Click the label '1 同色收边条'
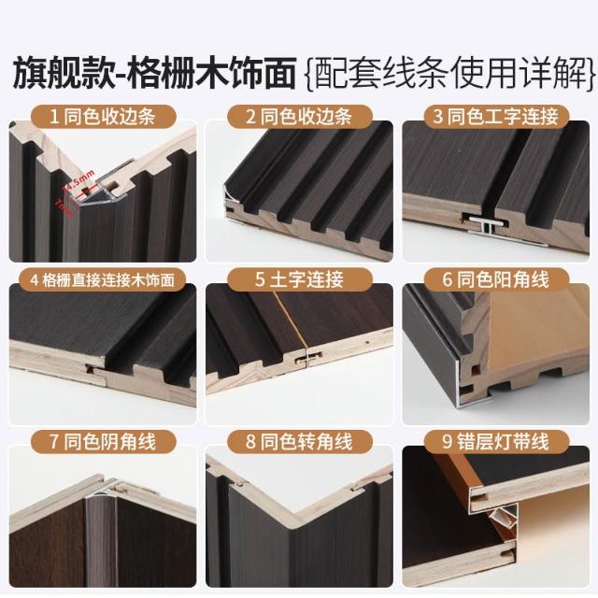coord(103,116)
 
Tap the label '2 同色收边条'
coord(299,116)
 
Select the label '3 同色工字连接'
coord(496,116)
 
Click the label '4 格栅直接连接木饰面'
coord(102,280)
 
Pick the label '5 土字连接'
coord(299,279)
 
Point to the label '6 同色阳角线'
coord(496,279)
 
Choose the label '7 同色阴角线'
coord(103,442)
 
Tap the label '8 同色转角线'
coord(299,442)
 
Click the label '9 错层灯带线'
coord(496,442)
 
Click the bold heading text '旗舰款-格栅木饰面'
coord(154,73)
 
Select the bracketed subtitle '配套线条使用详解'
coord(450,73)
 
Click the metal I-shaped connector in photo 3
coord(486,224)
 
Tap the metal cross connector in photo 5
coord(307,358)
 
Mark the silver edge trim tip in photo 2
coord(230,195)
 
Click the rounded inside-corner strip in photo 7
coord(96,534)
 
